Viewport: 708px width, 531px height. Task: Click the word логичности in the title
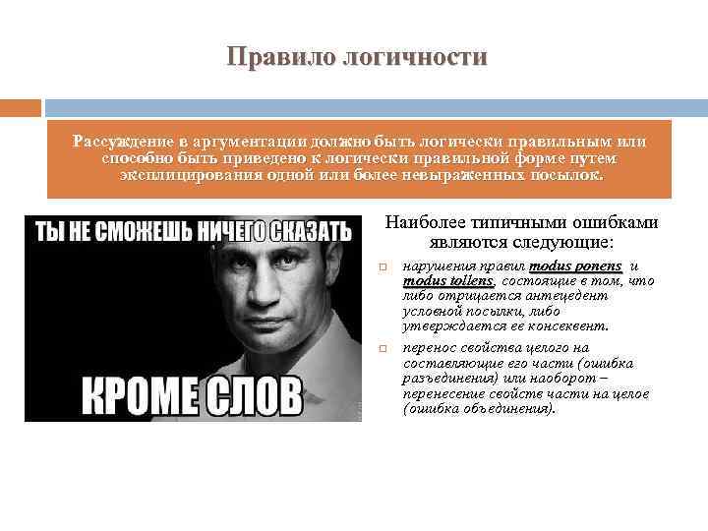413,57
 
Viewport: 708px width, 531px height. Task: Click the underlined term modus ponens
575,265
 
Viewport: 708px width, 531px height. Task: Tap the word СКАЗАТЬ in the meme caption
303,232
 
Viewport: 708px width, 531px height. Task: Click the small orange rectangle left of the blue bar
20,107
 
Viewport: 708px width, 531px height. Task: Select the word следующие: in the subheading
570,240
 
